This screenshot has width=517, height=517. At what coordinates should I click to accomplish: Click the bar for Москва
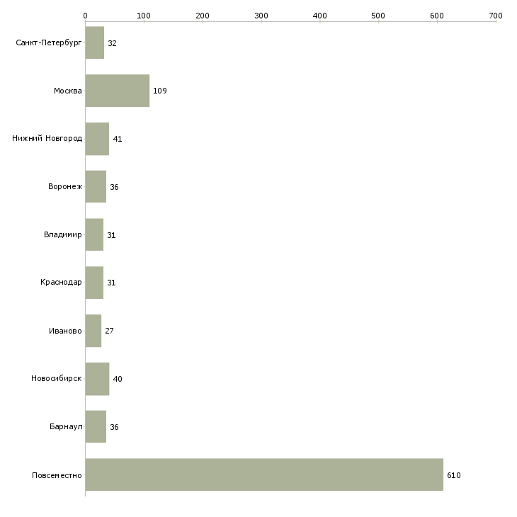coord(118,91)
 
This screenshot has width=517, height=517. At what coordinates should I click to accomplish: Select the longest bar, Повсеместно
coord(264,475)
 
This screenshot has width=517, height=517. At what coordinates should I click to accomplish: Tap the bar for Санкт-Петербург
coord(95,42)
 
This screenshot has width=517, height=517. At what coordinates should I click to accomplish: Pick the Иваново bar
coord(93,331)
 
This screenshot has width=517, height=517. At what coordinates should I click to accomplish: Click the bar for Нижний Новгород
coord(97,139)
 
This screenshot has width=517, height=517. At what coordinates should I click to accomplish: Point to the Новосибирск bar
coord(97,379)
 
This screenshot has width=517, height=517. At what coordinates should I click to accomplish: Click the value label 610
coord(454,475)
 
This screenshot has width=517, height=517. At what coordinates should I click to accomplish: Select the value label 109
coord(160,91)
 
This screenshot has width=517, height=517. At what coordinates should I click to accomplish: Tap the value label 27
coord(109,331)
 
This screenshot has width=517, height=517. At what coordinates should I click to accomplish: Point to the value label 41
coord(118,139)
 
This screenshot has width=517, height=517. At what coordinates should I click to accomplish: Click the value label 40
coord(118,379)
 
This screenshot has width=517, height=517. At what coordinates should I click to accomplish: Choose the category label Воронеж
coord(65,187)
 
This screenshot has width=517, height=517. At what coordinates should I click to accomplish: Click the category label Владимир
coord(62,234)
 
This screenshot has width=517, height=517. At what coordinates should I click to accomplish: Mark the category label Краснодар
coord(61,283)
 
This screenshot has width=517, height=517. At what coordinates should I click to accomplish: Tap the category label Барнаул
coord(66,426)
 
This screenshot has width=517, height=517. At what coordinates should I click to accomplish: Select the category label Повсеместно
coord(57,475)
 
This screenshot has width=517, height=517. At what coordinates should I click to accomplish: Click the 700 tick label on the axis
coord(496,16)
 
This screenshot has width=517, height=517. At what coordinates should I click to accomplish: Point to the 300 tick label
coord(261,16)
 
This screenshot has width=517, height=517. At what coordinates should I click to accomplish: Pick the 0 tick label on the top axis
coord(86,16)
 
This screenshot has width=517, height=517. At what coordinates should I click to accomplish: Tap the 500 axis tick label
coord(378,16)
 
